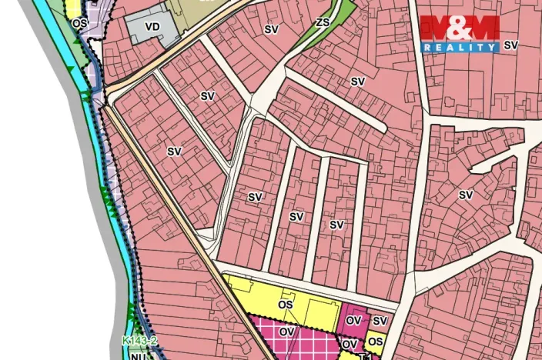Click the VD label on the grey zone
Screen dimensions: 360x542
[152, 27]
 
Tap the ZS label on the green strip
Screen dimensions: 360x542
[323, 22]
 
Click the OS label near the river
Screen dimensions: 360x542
[79, 24]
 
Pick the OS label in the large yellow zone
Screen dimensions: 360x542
[286, 305]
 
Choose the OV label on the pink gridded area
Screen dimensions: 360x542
[286, 332]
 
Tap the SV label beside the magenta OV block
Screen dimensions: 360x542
[380, 321]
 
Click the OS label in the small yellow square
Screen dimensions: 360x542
[376, 341]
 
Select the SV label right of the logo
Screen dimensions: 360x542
[511, 45]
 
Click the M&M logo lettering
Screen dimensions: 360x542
[460, 28]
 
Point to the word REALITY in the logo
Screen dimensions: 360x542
[460, 47]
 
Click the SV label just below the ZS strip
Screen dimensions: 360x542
[358, 81]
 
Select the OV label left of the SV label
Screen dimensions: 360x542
[353, 320]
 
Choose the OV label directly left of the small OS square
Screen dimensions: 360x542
[350, 344]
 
